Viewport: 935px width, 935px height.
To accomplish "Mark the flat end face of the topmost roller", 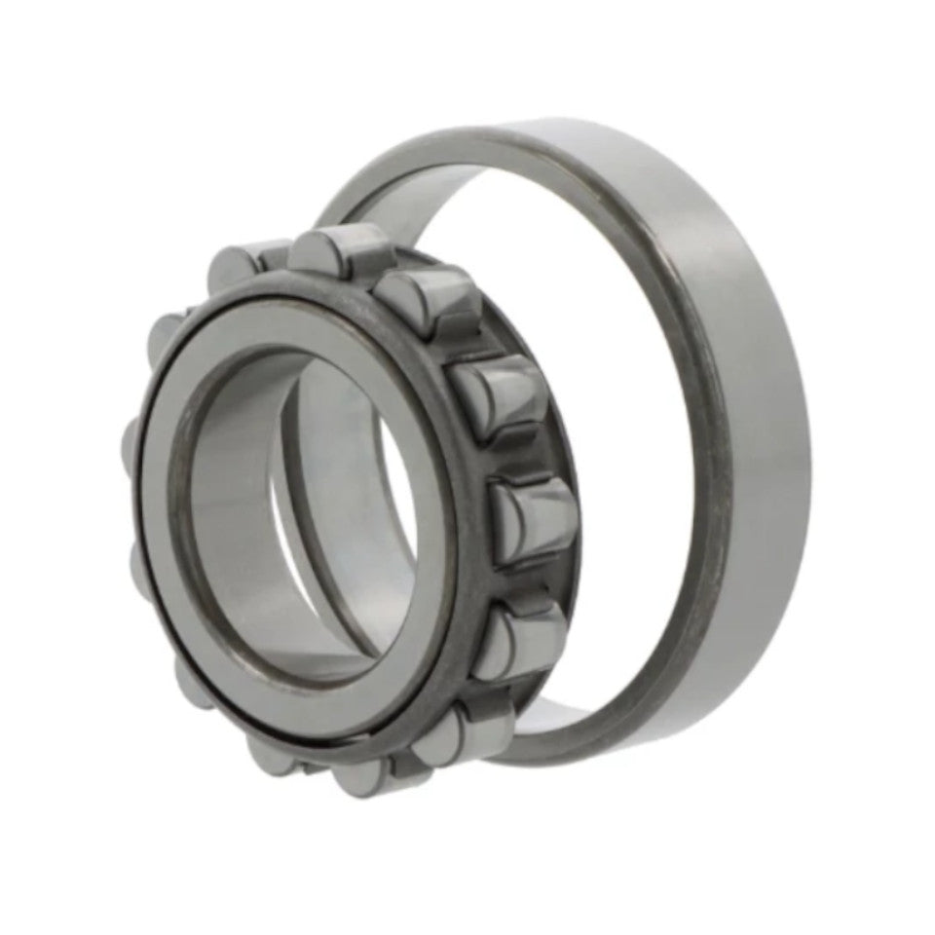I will coord(316,253).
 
